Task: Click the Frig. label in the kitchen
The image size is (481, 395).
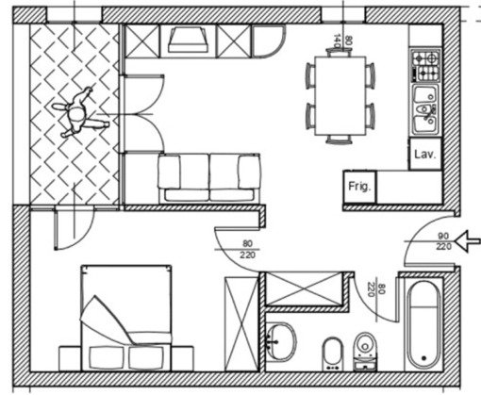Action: click(x=359, y=187)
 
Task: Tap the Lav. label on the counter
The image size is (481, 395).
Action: click(x=425, y=154)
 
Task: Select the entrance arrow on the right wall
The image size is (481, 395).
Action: click(x=468, y=241)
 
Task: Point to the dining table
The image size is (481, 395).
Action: click(x=340, y=96)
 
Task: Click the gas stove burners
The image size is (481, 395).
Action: click(x=425, y=66)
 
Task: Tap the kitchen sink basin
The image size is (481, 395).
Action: click(x=425, y=109)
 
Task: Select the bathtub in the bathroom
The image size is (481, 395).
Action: click(x=423, y=325)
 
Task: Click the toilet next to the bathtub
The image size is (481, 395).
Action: click(x=365, y=352)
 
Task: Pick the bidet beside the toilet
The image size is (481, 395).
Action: click(x=332, y=354)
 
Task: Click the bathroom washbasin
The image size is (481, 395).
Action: click(x=281, y=342)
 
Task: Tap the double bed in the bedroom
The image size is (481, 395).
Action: click(x=126, y=318)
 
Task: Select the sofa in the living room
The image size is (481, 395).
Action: click(x=209, y=177)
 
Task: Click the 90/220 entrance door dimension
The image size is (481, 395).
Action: click(x=443, y=241)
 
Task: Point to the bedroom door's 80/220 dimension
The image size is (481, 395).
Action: click(x=247, y=249)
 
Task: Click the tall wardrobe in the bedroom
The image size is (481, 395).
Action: click(x=241, y=323)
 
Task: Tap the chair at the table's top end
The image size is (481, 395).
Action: click(x=339, y=52)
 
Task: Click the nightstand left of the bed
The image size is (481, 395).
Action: click(x=70, y=358)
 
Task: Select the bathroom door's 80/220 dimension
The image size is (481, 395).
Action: click(x=376, y=290)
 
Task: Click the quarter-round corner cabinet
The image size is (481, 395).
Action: click(x=268, y=41)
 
